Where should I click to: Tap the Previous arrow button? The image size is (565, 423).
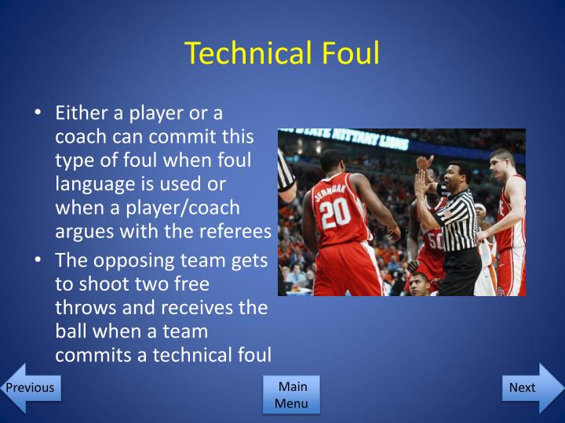[30, 388]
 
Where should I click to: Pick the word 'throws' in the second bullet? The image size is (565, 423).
[83, 307]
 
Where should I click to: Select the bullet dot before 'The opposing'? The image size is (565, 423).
[38, 261]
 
